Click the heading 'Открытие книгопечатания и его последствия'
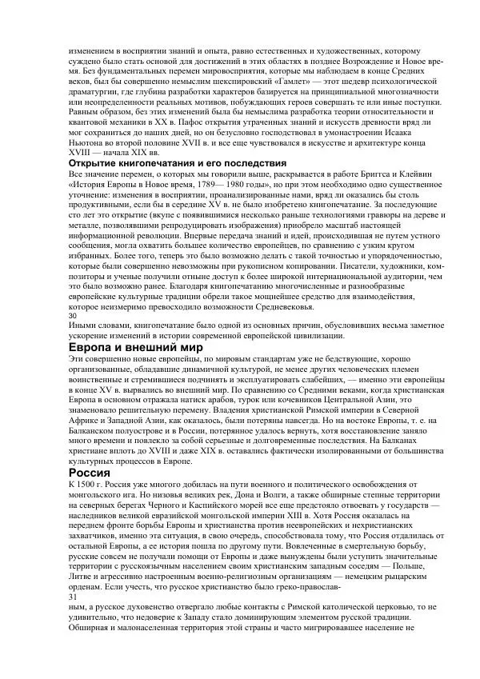[x=173, y=163]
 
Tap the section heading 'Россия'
[x=94, y=472]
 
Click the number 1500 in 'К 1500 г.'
[x=89, y=486]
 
